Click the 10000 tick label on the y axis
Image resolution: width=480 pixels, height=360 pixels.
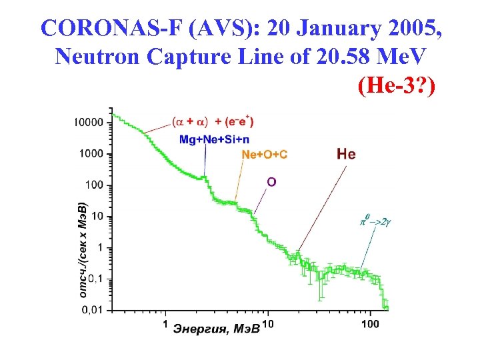(x=89, y=123)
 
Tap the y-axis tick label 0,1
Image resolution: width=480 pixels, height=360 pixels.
(x=95, y=279)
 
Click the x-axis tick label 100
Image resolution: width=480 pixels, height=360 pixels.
(x=370, y=324)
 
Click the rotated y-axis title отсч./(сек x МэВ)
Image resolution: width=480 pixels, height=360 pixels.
(x=82, y=249)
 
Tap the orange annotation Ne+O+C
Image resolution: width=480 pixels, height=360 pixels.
(x=264, y=155)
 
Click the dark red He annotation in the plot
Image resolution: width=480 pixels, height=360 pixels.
(x=346, y=154)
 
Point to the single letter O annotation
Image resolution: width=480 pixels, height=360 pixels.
(x=271, y=181)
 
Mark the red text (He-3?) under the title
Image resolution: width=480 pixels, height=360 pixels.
(x=395, y=85)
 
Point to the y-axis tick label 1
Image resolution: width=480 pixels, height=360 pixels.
(x=99, y=247)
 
